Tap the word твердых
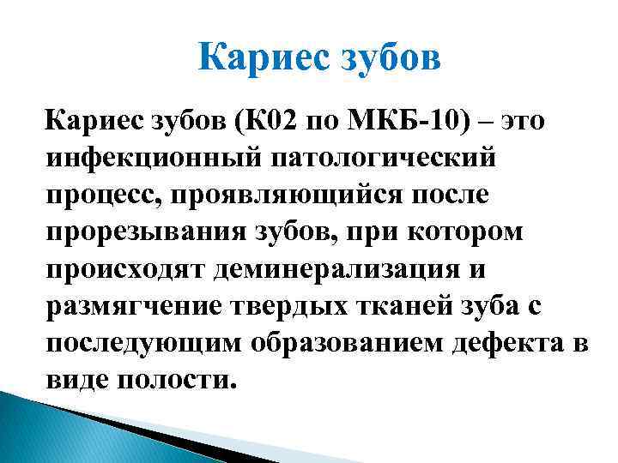tap(292, 306)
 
